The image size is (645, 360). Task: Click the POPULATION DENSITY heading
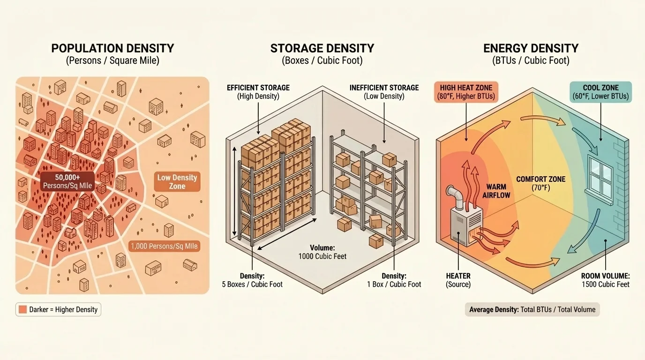pyautogui.click(x=112, y=48)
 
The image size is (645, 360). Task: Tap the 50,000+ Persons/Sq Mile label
pyautogui.click(x=67, y=181)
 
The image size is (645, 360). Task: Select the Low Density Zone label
pyautogui.click(x=177, y=182)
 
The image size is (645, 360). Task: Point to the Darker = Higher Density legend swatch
pyautogui.click(x=22, y=309)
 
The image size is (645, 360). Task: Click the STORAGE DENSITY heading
pyautogui.click(x=322, y=48)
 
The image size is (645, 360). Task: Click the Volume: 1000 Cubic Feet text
pyautogui.click(x=322, y=252)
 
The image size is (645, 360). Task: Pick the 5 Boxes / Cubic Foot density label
pyautogui.click(x=252, y=280)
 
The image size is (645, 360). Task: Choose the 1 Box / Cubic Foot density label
pyautogui.click(x=394, y=280)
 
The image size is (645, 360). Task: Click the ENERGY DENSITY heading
pyautogui.click(x=531, y=48)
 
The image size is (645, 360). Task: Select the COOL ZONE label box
pyautogui.click(x=600, y=92)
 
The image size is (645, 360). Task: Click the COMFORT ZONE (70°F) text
pyautogui.click(x=540, y=183)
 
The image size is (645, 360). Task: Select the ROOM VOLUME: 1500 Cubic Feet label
pyautogui.click(x=605, y=280)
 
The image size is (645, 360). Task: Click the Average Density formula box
pyautogui.click(x=532, y=309)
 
